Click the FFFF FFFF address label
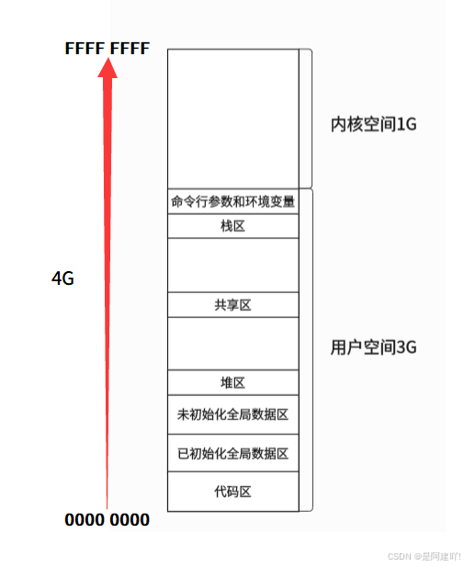tap(108, 49)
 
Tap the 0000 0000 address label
tap(108, 520)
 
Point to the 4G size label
tap(62, 278)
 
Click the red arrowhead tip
tap(108, 59)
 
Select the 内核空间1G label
tap(374, 124)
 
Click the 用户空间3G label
tap(374, 347)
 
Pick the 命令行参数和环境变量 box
tap(233, 201)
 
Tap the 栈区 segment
tap(233, 226)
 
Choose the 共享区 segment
tap(233, 305)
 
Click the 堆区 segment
tap(233, 382)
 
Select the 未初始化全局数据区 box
tap(233, 414)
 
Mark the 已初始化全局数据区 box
tap(233, 453)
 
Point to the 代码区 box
tap(233, 492)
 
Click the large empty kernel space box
tap(233, 119)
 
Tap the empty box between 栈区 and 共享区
tap(233, 265)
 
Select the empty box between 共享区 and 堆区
tap(233, 344)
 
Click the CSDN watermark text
tap(424, 556)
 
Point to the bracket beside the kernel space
tap(311, 119)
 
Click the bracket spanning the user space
tap(312, 350)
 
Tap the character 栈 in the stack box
tap(227, 226)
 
